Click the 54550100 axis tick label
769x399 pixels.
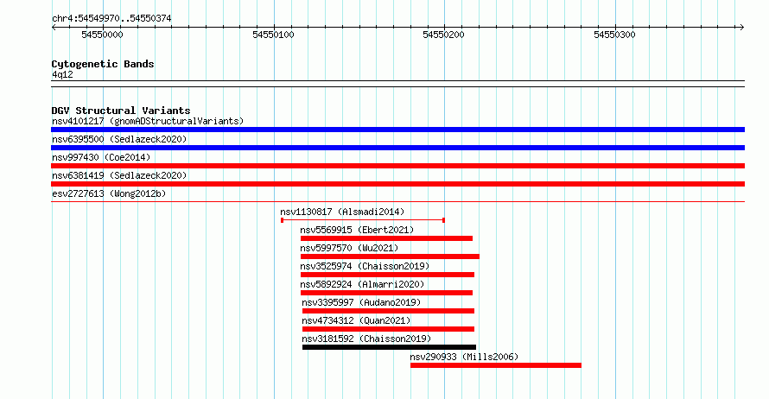coord(273,35)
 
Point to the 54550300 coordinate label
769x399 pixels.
coord(614,35)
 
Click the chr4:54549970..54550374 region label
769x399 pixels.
coord(111,19)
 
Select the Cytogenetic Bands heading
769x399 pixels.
coord(103,64)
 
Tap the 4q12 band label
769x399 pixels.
coord(62,74)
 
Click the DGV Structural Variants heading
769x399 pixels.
coord(121,111)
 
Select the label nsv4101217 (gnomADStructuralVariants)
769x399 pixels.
coord(148,121)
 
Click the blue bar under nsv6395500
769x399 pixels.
coord(397,148)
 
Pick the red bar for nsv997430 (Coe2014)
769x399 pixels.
coord(397,166)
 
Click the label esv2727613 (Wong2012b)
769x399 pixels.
coord(109,193)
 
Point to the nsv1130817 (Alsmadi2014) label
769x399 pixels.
coord(342,212)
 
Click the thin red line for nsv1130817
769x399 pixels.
coord(363,220)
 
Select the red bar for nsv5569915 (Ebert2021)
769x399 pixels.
coord(386,238)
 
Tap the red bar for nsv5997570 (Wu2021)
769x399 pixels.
coord(390,256)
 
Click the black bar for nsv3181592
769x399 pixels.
coord(389,347)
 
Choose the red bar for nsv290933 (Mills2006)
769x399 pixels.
coord(496,365)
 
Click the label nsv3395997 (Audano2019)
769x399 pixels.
coord(361,302)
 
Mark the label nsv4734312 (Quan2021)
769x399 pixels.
coord(356,320)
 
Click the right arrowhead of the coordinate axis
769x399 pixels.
coord(742,28)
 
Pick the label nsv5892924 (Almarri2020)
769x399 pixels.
coord(362,284)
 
